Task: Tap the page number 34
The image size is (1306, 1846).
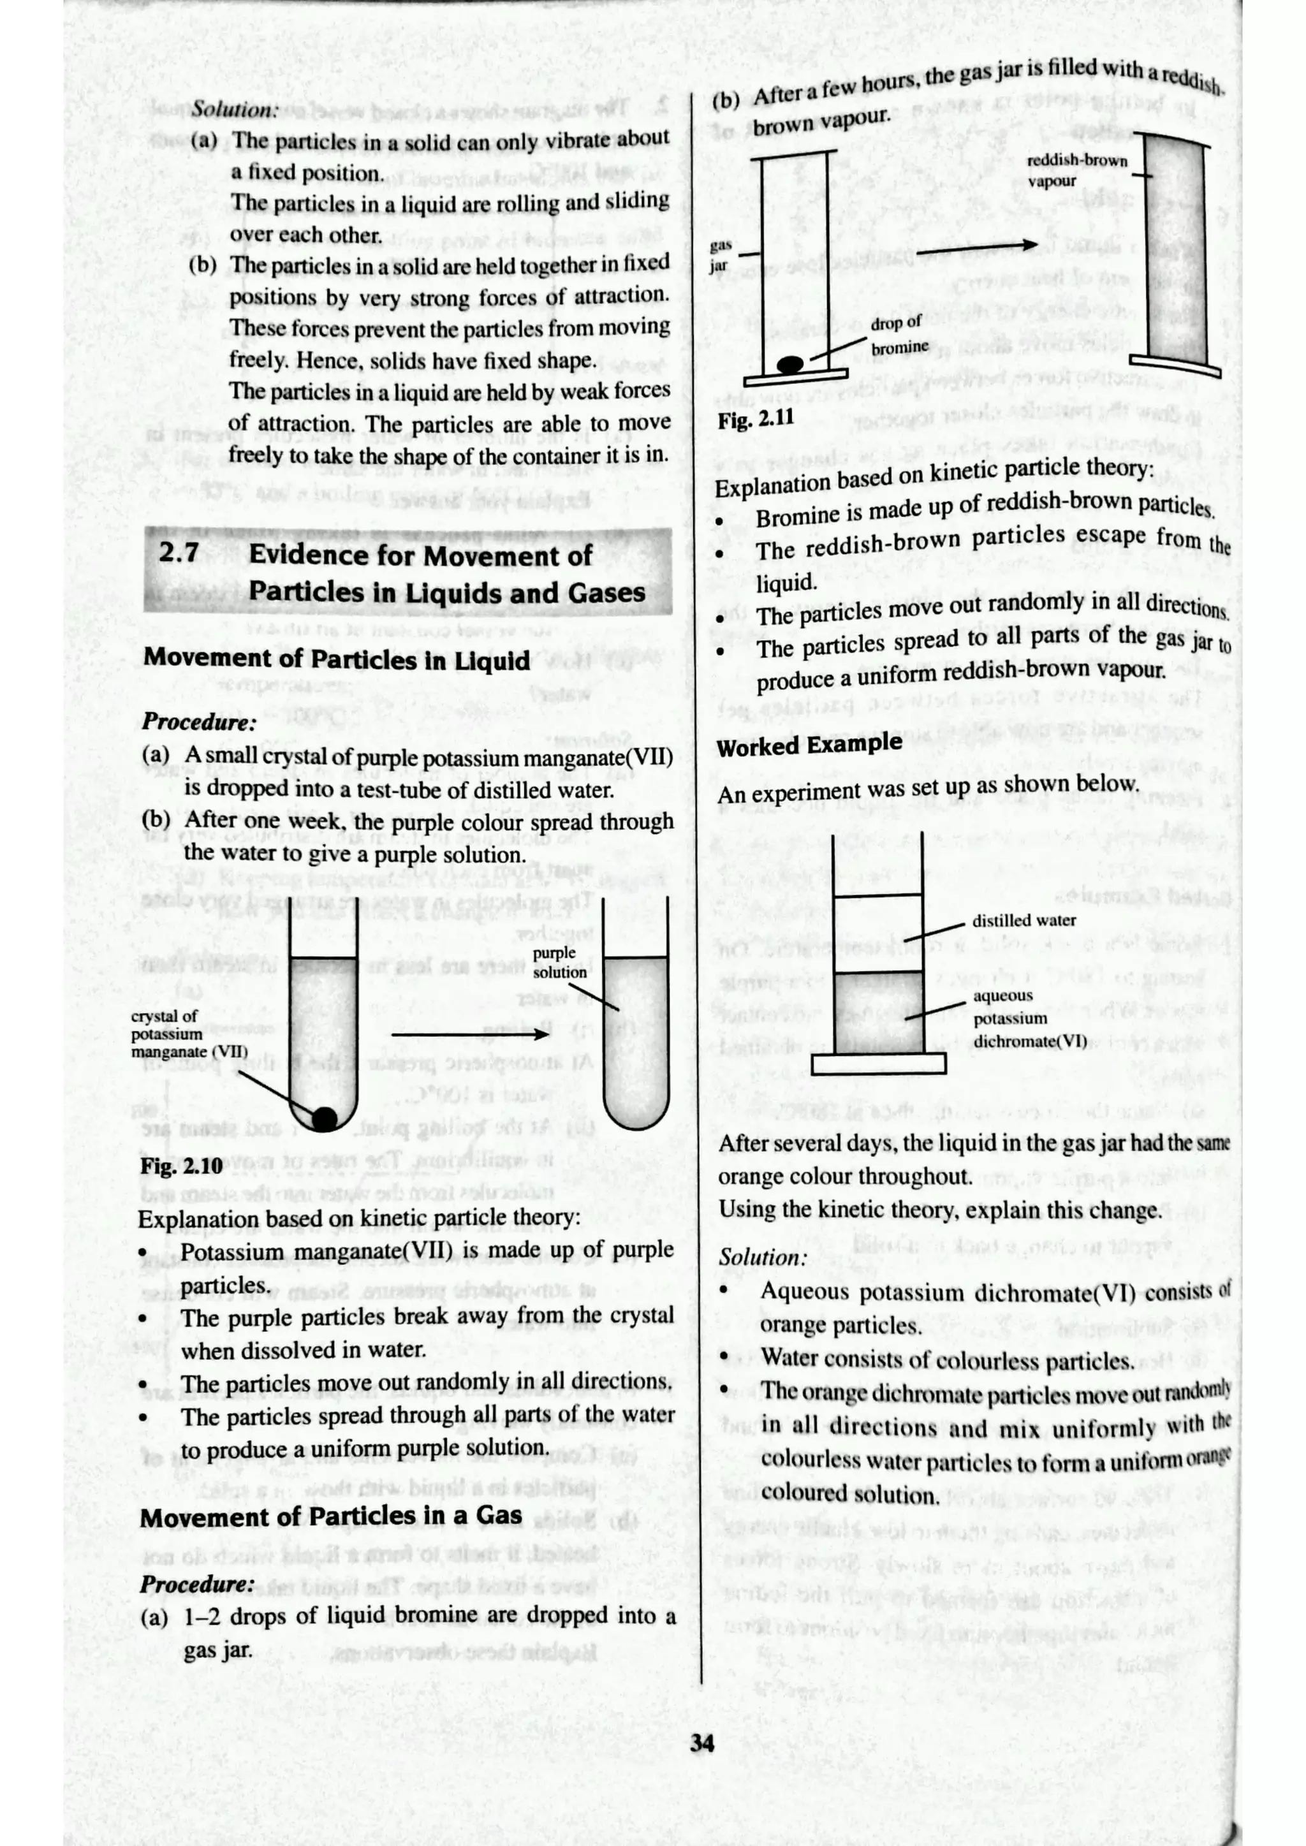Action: coord(701,1742)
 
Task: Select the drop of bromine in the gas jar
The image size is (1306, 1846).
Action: coord(789,364)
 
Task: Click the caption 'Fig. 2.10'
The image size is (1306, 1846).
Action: coord(181,1166)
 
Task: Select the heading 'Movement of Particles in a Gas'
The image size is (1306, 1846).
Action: coord(330,1517)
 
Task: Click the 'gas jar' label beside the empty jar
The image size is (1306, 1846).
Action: coord(720,255)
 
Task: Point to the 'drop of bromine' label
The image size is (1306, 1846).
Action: coord(899,335)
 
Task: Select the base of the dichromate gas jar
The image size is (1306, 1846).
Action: coord(878,1064)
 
